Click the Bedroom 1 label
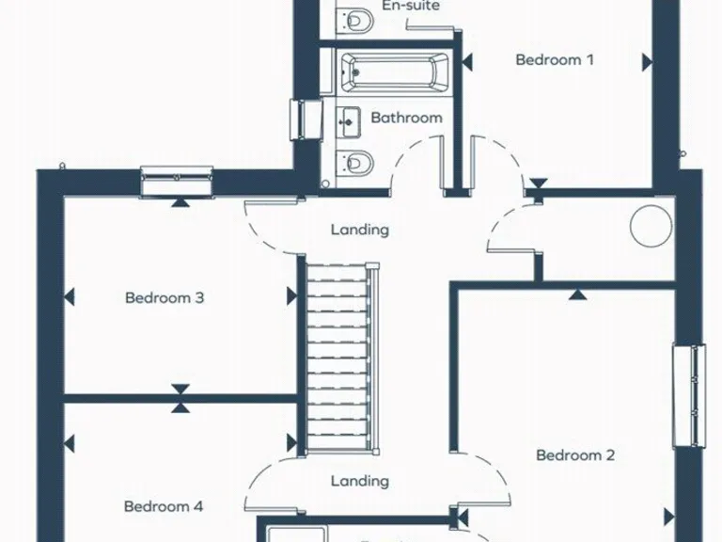click(555, 60)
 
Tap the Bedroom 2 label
click(575, 455)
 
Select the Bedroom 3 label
click(165, 298)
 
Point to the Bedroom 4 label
click(164, 506)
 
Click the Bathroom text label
click(406, 119)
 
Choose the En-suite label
click(411, 6)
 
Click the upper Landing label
click(360, 230)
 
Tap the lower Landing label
click(360, 481)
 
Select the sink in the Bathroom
click(349, 120)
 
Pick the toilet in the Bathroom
click(358, 162)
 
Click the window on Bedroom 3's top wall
click(177, 181)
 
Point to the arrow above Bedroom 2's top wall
click(576, 294)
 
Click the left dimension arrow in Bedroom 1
click(467, 61)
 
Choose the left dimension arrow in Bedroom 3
click(69, 298)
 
